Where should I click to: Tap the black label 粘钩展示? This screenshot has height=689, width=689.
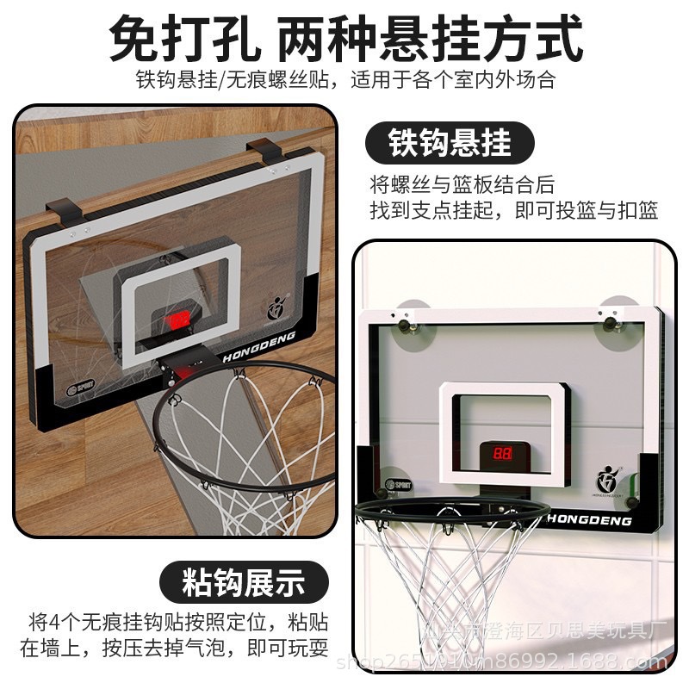(243, 581)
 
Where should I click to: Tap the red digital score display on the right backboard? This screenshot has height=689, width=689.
(502, 452)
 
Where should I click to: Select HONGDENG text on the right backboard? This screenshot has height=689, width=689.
(590, 521)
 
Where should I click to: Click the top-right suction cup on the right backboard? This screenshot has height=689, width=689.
(613, 319)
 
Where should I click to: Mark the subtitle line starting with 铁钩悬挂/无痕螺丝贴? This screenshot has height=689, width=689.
(344, 80)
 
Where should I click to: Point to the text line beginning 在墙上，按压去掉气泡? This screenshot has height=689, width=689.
(174, 648)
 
